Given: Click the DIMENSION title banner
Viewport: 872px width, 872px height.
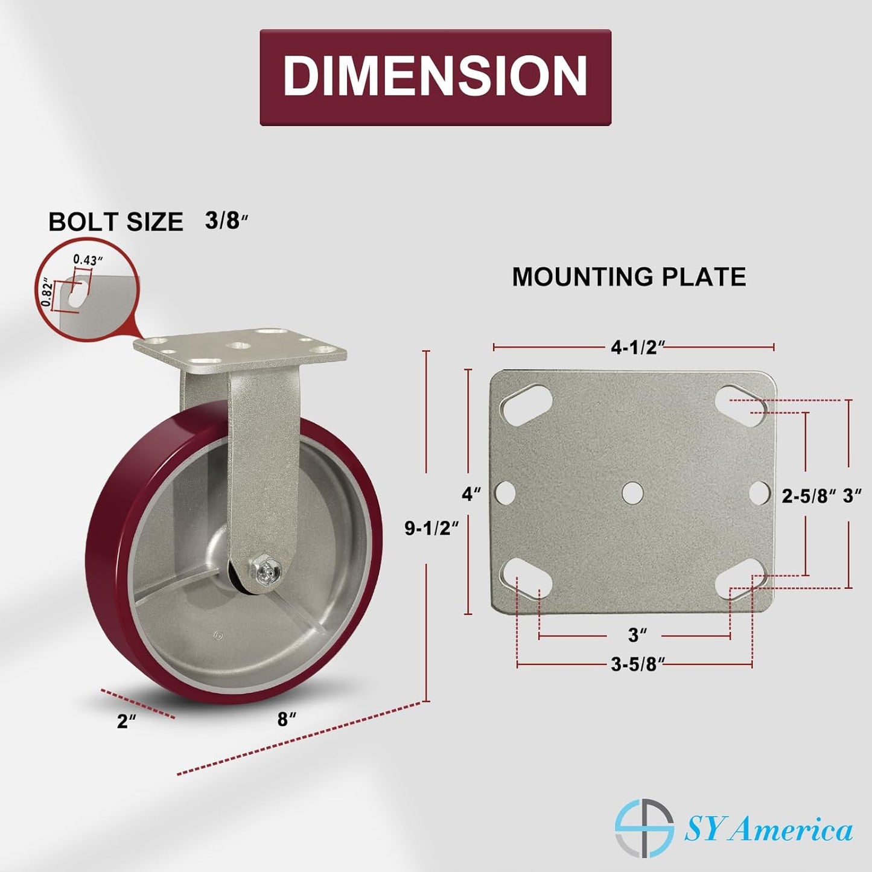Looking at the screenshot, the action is [435, 77].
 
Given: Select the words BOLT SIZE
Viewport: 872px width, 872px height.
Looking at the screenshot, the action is [116, 221].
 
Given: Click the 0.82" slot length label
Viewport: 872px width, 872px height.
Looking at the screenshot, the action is [46, 293].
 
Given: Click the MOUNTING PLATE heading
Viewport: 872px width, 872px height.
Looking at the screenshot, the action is [629, 276].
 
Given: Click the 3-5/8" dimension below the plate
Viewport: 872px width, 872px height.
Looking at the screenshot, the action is [638, 664].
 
